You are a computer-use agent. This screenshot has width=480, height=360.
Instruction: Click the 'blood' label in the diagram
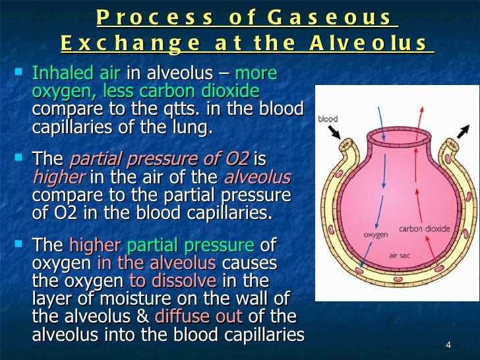pos(328,119)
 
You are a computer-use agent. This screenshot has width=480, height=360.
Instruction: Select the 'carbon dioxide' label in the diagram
pos(425,229)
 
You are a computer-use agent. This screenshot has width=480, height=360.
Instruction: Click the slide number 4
pos(448,346)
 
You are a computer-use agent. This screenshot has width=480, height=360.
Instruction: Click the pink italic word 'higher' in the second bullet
pos(59,177)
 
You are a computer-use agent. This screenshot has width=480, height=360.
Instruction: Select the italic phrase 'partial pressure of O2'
pos(159,160)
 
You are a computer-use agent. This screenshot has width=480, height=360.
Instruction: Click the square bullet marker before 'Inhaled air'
pos(20,69)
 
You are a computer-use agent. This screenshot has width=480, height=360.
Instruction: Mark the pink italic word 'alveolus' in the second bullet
pos(257,177)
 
